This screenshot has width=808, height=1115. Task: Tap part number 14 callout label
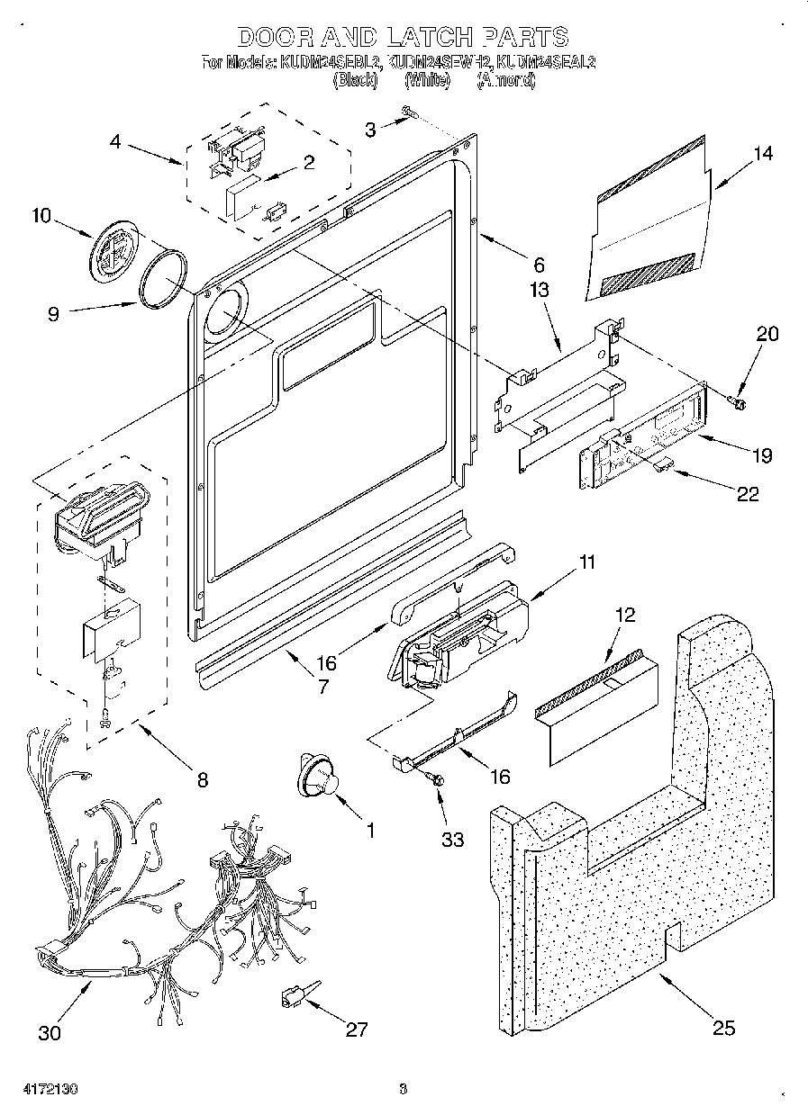tap(762, 154)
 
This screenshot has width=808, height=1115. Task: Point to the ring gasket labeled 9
tap(164, 280)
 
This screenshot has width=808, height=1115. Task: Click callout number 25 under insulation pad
tap(723, 1028)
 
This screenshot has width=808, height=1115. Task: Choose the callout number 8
tap(201, 779)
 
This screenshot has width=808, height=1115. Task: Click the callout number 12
tap(624, 615)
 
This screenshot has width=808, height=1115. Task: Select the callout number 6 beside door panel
tap(539, 265)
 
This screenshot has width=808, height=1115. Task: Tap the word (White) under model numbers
tap(427, 81)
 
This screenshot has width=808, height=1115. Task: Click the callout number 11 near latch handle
tap(586, 563)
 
